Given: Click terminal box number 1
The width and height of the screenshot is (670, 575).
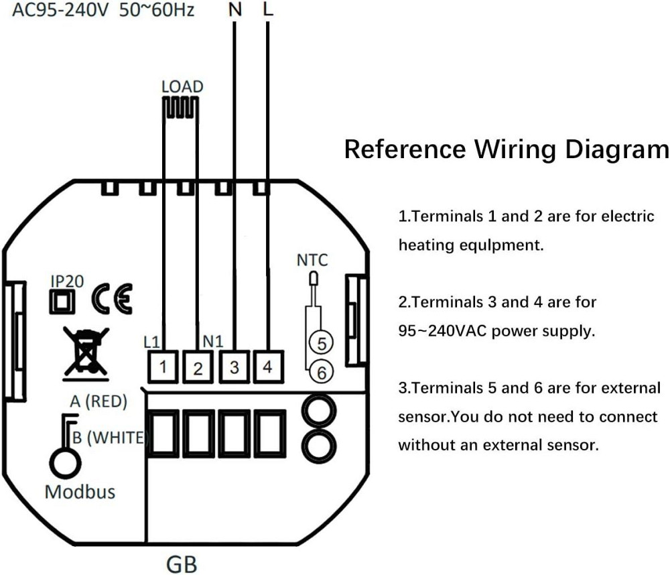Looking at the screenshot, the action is pyautogui.click(x=163, y=367).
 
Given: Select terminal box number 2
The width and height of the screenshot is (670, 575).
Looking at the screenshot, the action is pyautogui.click(x=198, y=367).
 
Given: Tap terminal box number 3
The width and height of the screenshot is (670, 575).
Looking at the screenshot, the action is pyautogui.click(x=234, y=367).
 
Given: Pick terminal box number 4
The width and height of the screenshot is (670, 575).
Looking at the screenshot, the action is pyautogui.click(x=268, y=367).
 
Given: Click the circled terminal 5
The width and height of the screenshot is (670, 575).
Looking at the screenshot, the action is pyautogui.click(x=322, y=343).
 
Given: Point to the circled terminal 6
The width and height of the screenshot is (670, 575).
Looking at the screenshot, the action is pyautogui.click(x=322, y=373).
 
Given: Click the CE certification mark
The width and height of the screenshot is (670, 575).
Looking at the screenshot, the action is pyautogui.click(x=112, y=299).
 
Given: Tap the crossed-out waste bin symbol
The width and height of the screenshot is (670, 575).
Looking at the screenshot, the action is pyautogui.click(x=86, y=353).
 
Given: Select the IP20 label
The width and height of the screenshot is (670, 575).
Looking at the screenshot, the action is pyautogui.click(x=67, y=281).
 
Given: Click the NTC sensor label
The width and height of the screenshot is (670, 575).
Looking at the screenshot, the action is pyautogui.click(x=312, y=260).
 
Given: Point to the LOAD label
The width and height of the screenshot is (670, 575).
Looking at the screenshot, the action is pyautogui.click(x=182, y=86).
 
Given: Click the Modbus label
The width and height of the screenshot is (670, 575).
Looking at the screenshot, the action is pyautogui.click(x=80, y=492).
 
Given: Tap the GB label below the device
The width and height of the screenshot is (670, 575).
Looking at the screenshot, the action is pyautogui.click(x=182, y=564).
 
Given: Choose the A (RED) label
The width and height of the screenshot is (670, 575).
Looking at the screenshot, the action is pyautogui.click(x=98, y=401).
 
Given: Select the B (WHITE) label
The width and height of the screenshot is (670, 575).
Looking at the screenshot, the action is pyautogui.click(x=110, y=438).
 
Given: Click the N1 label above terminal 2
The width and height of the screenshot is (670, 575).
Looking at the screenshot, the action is pyautogui.click(x=213, y=341).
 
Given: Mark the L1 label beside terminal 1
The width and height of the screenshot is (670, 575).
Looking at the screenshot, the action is pyautogui.click(x=151, y=342).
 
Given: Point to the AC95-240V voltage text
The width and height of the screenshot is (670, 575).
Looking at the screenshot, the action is pyautogui.click(x=60, y=10).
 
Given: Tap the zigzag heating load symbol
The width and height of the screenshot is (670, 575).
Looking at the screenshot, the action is pyautogui.click(x=180, y=109).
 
